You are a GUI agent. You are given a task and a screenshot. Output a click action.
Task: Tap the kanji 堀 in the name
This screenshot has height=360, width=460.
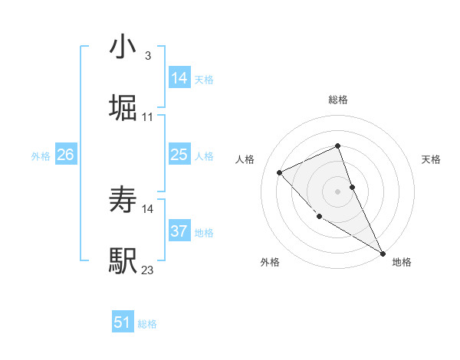[x=123, y=108]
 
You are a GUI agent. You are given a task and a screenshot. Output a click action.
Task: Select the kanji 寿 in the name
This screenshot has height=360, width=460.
[x=123, y=201]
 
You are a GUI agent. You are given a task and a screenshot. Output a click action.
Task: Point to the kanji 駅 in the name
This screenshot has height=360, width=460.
[x=123, y=261]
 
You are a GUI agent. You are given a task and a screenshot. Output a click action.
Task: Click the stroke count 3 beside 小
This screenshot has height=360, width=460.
[x=147, y=56]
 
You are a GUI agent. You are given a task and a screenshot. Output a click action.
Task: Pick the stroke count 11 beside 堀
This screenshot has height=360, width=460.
[x=148, y=117]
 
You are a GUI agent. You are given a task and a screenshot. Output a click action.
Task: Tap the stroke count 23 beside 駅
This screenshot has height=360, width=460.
[x=148, y=270]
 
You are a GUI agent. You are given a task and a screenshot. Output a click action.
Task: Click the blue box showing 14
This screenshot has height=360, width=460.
[x=179, y=78]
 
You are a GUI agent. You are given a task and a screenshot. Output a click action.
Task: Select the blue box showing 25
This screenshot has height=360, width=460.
[x=179, y=155]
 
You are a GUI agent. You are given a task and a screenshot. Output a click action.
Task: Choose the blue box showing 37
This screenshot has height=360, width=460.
[x=179, y=231]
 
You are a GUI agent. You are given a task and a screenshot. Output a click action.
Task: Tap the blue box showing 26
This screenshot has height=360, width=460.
[x=65, y=155]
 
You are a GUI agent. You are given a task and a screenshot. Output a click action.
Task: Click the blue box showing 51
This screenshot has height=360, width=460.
[x=123, y=322]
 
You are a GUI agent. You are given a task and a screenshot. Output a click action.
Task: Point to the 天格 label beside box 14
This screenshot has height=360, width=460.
[x=204, y=80]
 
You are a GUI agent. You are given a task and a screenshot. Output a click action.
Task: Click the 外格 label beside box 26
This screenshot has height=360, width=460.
[x=41, y=156]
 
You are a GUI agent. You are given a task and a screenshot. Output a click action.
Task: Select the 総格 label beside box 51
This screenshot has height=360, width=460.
[x=147, y=324]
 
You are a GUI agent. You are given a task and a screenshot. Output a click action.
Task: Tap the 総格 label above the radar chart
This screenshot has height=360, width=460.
[x=338, y=100]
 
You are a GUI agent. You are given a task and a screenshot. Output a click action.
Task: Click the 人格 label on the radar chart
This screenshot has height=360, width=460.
[x=245, y=159]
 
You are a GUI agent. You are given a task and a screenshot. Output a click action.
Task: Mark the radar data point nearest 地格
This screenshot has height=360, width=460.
[x=383, y=253]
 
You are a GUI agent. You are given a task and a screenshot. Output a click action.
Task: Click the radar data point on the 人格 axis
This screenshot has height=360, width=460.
[x=280, y=172]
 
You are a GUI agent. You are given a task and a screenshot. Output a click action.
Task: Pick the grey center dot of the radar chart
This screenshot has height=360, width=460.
[x=338, y=191]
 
